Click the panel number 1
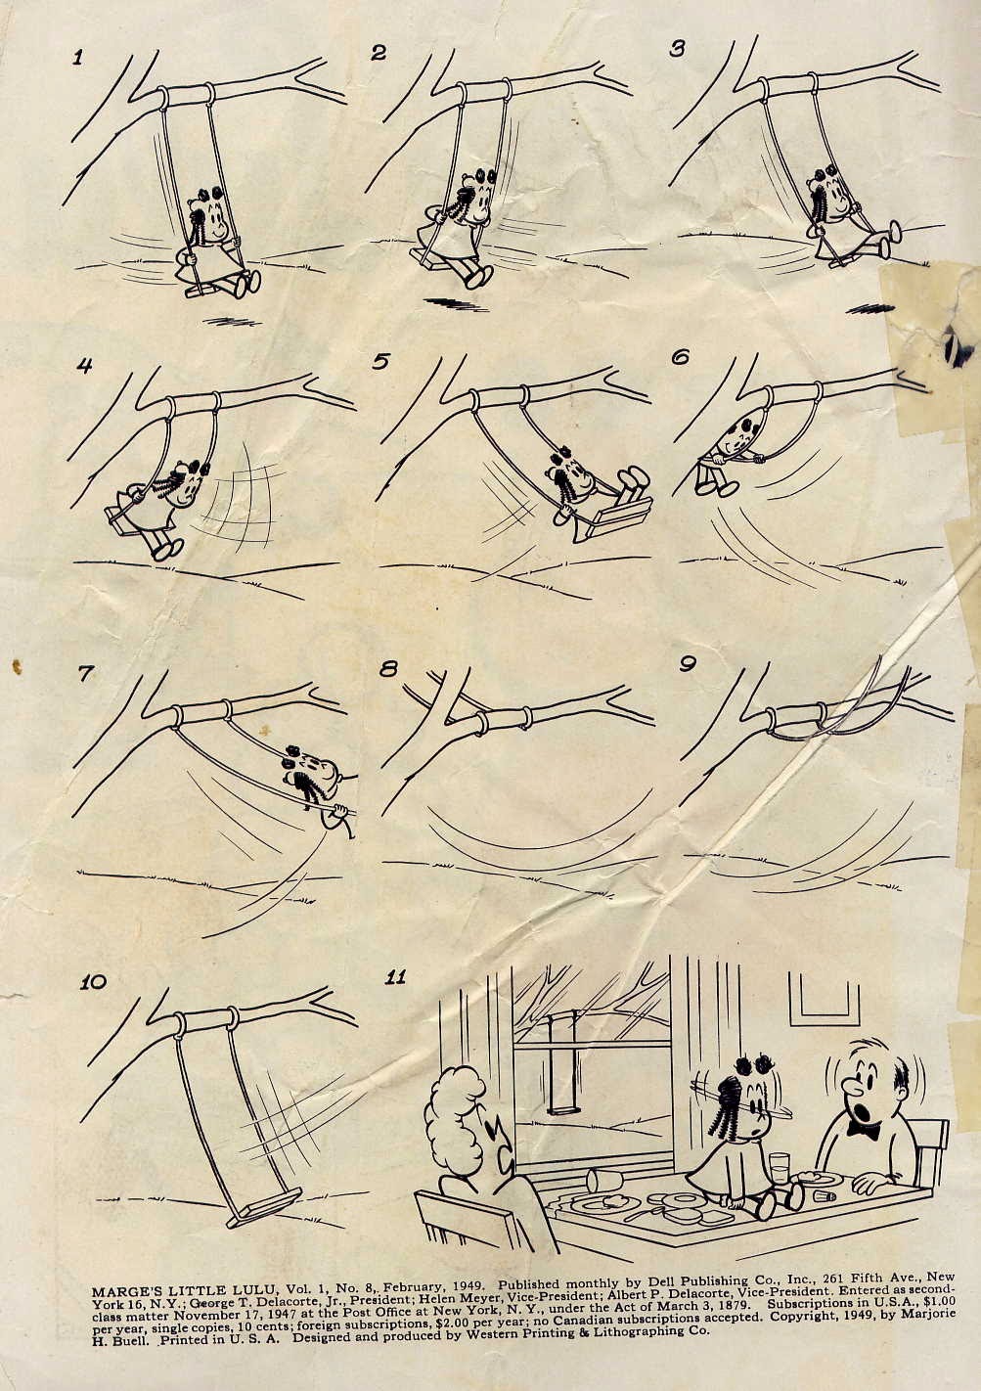pyautogui.click(x=77, y=59)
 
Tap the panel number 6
pyautogui.click(x=681, y=358)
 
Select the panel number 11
pyautogui.click(x=395, y=977)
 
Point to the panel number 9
pyautogui.click(x=687, y=664)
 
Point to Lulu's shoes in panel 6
pyautogui.click(x=715, y=486)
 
